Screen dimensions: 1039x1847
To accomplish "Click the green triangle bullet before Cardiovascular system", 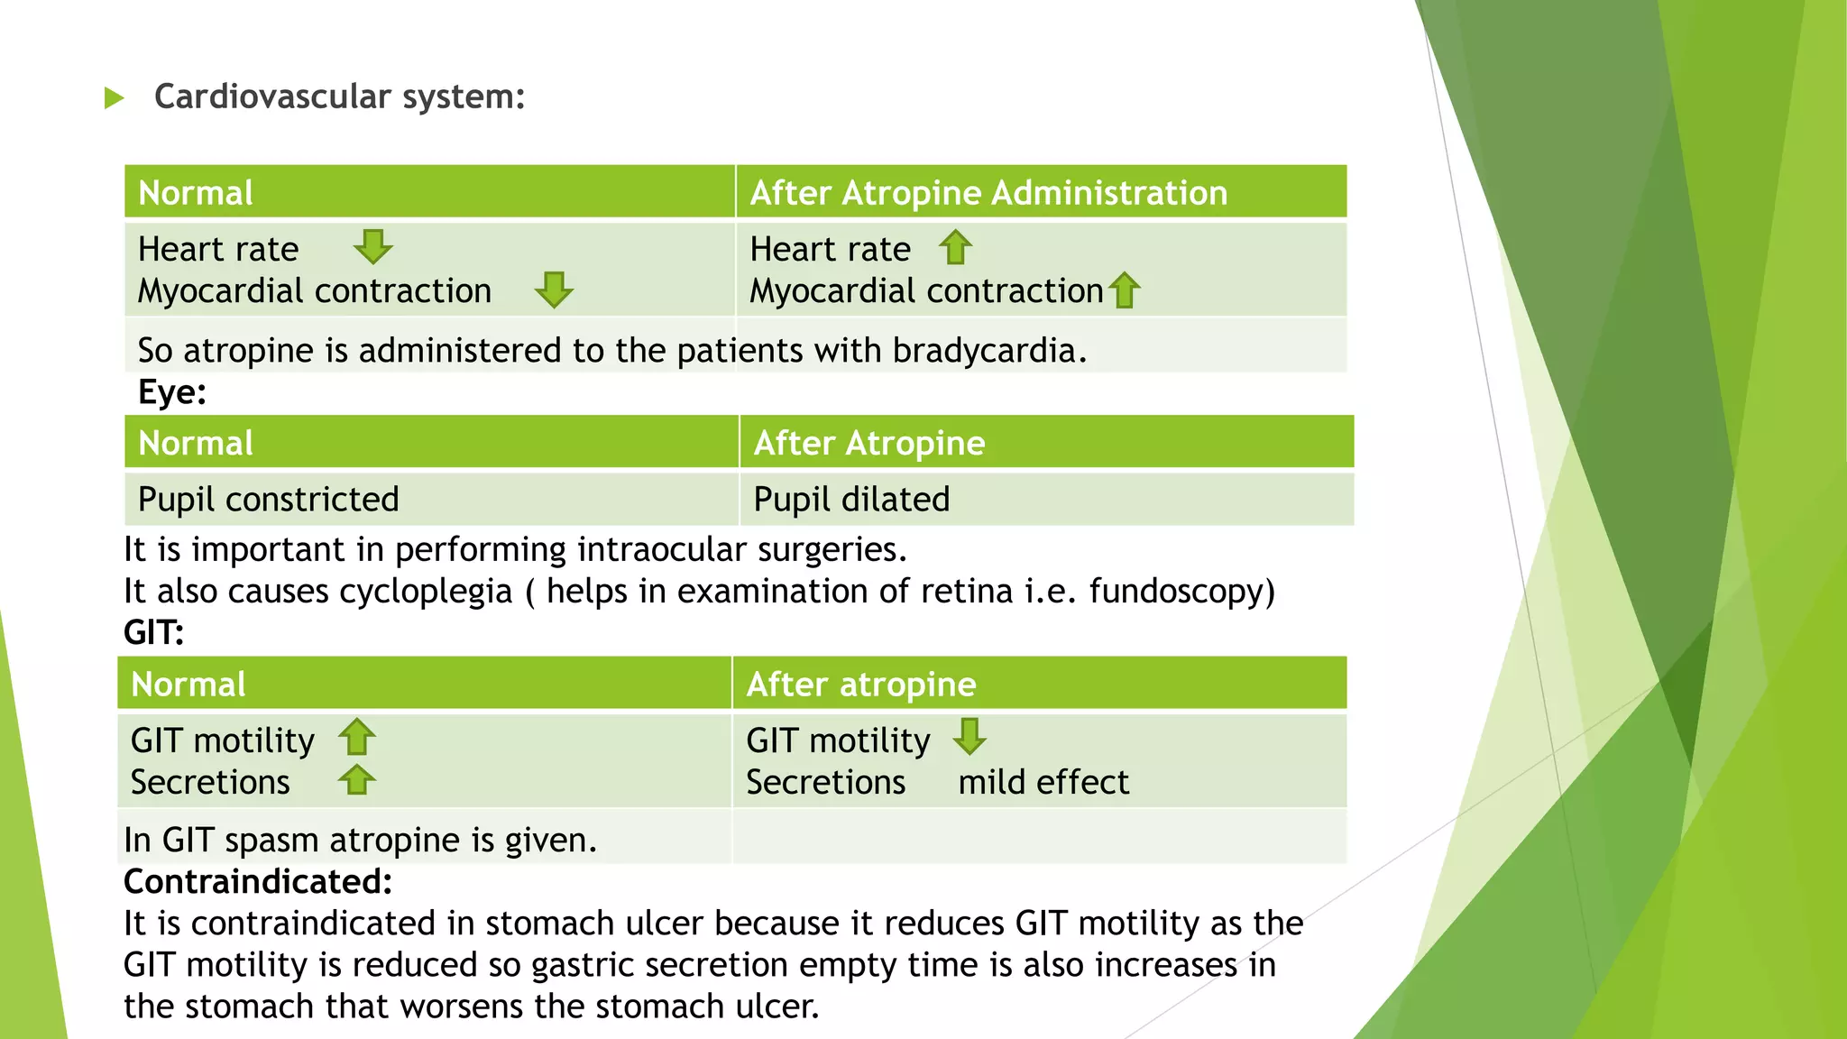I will tap(114, 97).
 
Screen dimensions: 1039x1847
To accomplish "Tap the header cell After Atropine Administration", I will tap(988, 193).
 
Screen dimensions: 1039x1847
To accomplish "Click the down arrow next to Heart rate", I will tap(372, 246).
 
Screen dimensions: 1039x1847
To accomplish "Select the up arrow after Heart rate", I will tap(955, 247).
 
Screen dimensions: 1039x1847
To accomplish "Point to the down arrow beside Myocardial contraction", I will tap(553, 290).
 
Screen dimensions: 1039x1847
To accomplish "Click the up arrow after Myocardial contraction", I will tap(1124, 290).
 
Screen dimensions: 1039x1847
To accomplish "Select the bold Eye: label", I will tap(172, 392).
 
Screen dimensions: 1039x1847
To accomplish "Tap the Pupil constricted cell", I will tap(269, 500).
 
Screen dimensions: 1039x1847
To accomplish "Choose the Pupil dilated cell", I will tap(851, 500).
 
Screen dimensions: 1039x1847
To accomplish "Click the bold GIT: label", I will tap(153, 632).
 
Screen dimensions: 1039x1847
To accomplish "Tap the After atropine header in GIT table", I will tap(861, 685).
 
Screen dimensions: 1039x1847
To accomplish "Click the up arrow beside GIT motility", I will tap(357, 738).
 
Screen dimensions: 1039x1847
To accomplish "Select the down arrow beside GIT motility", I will tap(969, 737).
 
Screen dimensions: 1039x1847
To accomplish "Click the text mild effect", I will tap(1043, 782).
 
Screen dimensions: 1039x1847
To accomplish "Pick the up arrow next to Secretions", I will tap(357, 780).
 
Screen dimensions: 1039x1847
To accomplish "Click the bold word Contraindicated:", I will tap(258, 882).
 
